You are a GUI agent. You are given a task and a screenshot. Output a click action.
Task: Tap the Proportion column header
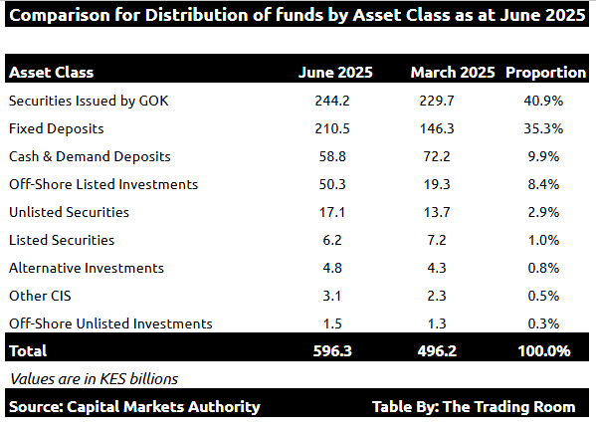545,73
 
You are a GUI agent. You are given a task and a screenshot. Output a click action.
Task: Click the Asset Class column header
51,73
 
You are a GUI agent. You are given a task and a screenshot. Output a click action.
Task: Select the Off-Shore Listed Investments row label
103,184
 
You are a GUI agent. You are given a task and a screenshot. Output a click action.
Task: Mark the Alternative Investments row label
86,268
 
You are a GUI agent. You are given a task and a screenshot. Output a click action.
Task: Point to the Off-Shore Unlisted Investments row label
110,323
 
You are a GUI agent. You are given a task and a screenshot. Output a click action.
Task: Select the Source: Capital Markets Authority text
134,406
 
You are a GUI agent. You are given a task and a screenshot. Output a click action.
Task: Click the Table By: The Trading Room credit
474,406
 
